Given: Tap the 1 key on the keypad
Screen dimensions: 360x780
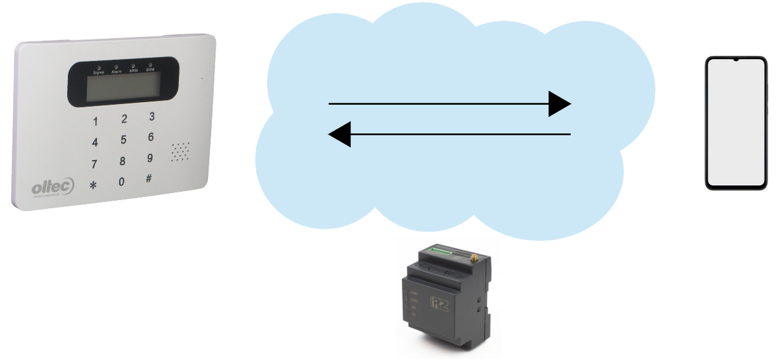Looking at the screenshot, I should (x=96, y=122).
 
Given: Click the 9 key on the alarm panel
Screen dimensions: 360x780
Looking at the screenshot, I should (x=150, y=158).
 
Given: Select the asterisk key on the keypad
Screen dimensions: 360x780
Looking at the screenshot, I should (x=93, y=185).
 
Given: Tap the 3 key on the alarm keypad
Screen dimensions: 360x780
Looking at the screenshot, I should (x=152, y=117).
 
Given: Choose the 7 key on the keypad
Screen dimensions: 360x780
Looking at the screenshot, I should (x=94, y=164).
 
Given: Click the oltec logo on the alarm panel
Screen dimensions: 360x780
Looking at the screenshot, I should (x=53, y=187).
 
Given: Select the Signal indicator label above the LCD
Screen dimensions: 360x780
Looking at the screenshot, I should (x=98, y=71).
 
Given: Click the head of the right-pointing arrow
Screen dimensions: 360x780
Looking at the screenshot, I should (x=559, y=103).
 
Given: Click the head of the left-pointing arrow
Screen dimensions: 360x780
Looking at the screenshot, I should (x=340, y=135).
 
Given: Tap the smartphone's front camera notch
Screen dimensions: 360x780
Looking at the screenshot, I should (x=736, y=60).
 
